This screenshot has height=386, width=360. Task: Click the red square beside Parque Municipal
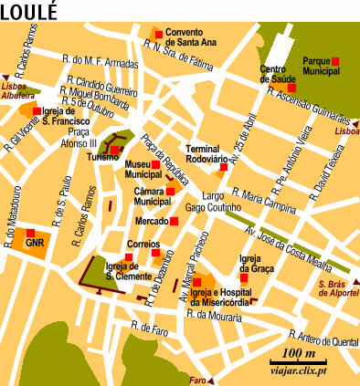coord(335,60)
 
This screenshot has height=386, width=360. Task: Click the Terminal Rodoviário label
coord(211,153)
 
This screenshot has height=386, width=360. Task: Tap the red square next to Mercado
coord(173,221)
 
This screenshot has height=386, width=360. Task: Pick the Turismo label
coord(102,157)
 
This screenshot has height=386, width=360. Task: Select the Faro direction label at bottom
coord(198,380)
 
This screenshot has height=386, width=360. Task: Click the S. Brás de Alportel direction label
coord(335,289)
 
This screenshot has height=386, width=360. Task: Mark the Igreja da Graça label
coord(256,264)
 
